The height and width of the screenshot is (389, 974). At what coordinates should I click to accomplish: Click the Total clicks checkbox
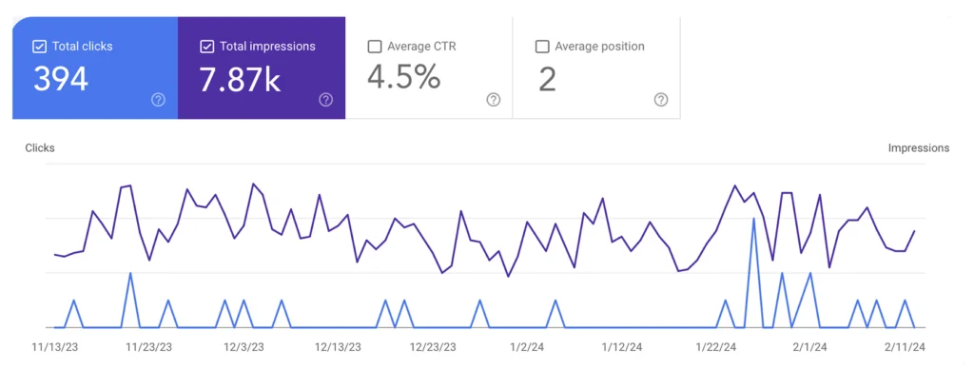(39, 46)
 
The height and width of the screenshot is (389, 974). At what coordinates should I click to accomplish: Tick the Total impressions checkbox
(206, 46)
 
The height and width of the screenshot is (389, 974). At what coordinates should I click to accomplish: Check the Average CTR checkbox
(375, 46)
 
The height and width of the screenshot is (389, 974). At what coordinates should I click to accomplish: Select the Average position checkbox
(542, 46)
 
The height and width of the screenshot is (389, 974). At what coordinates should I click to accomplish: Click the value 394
(61, 80)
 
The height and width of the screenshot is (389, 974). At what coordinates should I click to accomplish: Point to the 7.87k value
(240, 80)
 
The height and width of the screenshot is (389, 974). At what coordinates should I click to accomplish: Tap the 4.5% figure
(403, 79)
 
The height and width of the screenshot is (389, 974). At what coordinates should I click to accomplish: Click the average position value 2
(547, 80)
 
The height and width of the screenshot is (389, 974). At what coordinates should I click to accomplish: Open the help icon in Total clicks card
(158, 100)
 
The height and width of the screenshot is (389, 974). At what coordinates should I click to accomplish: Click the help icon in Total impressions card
(325, 100)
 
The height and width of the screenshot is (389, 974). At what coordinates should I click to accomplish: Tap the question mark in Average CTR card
(493, 100)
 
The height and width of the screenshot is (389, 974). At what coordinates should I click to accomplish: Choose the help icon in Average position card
(660, 100)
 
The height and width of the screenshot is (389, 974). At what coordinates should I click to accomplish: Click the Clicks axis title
(40, 148)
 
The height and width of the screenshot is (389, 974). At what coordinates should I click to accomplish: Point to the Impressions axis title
(918, 148)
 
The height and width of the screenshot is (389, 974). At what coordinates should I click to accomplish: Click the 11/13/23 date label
(55, 347)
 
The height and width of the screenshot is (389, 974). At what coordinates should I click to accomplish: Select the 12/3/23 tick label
(243, 347)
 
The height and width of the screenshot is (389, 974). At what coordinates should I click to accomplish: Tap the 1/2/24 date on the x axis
(526, 347)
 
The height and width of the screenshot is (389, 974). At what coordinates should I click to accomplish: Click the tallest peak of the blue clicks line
(753, 219)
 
